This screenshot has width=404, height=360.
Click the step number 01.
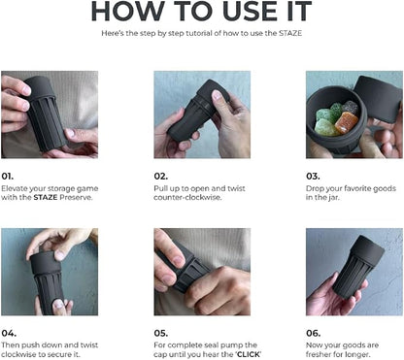point(8,177)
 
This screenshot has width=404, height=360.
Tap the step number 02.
point(161,177)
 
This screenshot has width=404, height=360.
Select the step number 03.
point(313,177)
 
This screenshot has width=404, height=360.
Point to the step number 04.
point(9,333)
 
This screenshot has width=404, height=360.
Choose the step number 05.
point(161,333)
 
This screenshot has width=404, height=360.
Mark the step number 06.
point(314,333)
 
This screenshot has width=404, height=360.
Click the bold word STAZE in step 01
point(46,197)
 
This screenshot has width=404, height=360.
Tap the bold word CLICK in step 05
point(249,354)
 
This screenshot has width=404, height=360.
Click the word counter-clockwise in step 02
point(187,197)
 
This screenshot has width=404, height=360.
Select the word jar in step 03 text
point(333,198)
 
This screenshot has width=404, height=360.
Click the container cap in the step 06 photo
point(367,249)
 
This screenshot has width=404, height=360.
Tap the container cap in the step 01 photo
point(39,87)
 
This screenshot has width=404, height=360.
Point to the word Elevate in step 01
point(14,188)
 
